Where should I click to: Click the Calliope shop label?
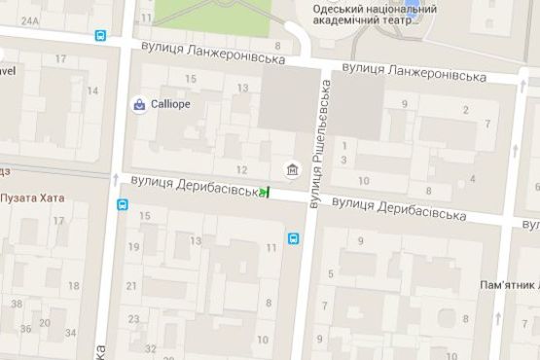coord(171,104)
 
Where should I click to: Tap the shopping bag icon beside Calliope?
coord(140,104)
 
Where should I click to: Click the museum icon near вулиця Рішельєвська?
coord(293,172)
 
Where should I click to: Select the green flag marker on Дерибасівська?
coord(265,192)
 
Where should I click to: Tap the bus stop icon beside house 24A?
coord(101,35)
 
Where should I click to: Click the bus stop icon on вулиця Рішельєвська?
coord(292,237)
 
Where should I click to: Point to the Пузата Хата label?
coord(32,198)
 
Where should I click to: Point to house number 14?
coord(92,90)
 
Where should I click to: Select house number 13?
coord(242,89)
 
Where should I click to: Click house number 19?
coord(133,246)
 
